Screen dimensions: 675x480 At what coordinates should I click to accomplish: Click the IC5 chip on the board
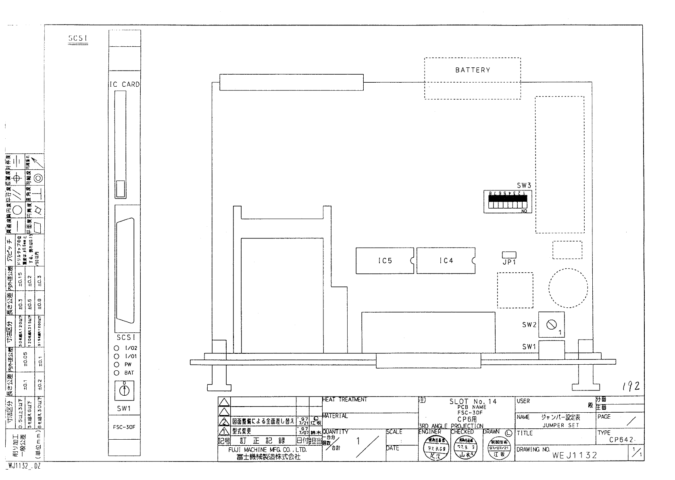[x=385, y=261]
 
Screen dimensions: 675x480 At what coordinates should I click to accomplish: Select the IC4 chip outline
[x=446, y=261]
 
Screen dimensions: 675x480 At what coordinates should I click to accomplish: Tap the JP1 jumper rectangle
[x=509, y=255]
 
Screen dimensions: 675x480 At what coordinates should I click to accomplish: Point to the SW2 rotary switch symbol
[x=551, y=324]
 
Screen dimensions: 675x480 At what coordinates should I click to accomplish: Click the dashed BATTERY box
[x=472, y=78]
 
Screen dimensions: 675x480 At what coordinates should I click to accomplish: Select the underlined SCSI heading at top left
[x=78, y=38]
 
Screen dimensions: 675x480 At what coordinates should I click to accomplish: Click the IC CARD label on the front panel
[x=125, y=84]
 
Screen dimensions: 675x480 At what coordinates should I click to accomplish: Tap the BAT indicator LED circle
[x=117, y=373]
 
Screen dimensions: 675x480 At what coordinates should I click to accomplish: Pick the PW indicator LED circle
[x=117, y=365]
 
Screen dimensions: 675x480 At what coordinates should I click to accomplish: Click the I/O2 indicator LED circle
[x=117, y=348]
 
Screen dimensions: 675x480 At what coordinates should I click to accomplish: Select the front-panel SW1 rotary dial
[x=124, y=390]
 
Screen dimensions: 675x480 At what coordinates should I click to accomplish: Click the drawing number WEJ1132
[x=574, y=455]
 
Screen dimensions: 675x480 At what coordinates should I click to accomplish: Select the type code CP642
[x=622, y=440]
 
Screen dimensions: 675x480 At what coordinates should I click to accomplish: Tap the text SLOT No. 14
[x=473, y=401]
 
